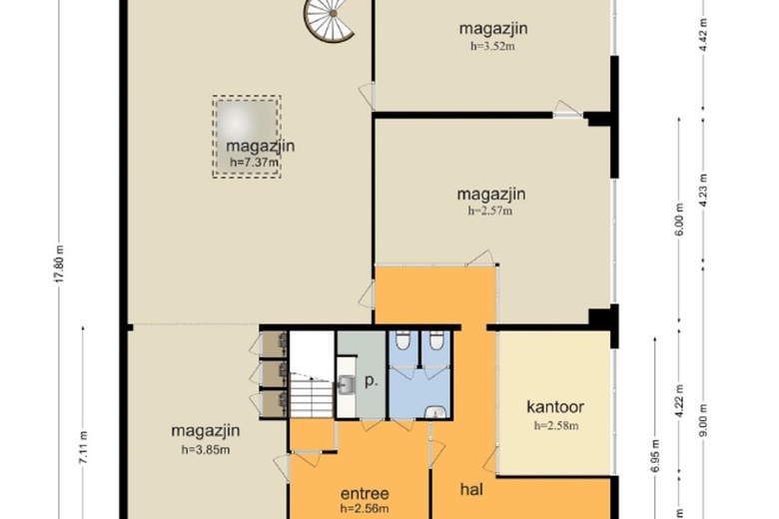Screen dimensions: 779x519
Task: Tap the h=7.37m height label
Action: pos(254,162)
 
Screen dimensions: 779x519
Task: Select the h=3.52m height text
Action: pos(492,46)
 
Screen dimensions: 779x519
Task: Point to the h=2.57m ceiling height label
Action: pos(489,211)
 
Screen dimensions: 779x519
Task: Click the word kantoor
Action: pos(555,407)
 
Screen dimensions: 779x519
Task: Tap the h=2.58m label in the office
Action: pos(556,425)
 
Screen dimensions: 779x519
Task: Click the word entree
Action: pos(365,494)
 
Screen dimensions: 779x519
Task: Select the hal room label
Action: pos(471,489)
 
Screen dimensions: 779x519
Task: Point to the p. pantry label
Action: pos(372,381)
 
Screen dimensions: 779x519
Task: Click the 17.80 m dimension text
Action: pos(59,263)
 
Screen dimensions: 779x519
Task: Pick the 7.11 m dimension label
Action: pos(83,448)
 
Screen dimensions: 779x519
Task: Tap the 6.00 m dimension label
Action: pos(680,220)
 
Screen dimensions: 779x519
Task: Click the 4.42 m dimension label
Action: pos(703,35)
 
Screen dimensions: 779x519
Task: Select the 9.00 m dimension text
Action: pos(703,420)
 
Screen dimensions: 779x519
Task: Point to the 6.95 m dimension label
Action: pos(655,456)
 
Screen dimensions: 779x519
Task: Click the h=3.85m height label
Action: pos(205,450)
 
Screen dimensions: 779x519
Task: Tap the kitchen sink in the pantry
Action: pos(347,384)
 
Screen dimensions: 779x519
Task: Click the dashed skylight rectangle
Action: pos(247,137)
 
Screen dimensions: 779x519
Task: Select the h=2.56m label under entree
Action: pos(365,508)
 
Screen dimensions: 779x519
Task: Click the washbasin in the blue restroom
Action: pos(436,412)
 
